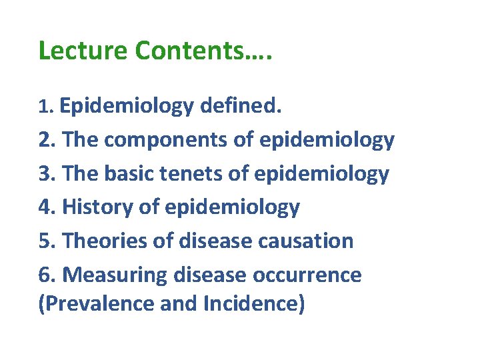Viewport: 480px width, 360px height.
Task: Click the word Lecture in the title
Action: [83, 51]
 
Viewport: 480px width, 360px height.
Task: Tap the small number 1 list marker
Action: [45, 107]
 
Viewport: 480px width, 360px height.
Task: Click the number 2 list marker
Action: [47, 139]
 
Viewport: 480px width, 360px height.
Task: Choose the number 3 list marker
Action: [47, 173]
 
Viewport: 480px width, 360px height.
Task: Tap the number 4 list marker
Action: [47, 207]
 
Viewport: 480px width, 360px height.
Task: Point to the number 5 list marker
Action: [47, 240]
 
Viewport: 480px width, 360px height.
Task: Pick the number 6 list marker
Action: [47, 274]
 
